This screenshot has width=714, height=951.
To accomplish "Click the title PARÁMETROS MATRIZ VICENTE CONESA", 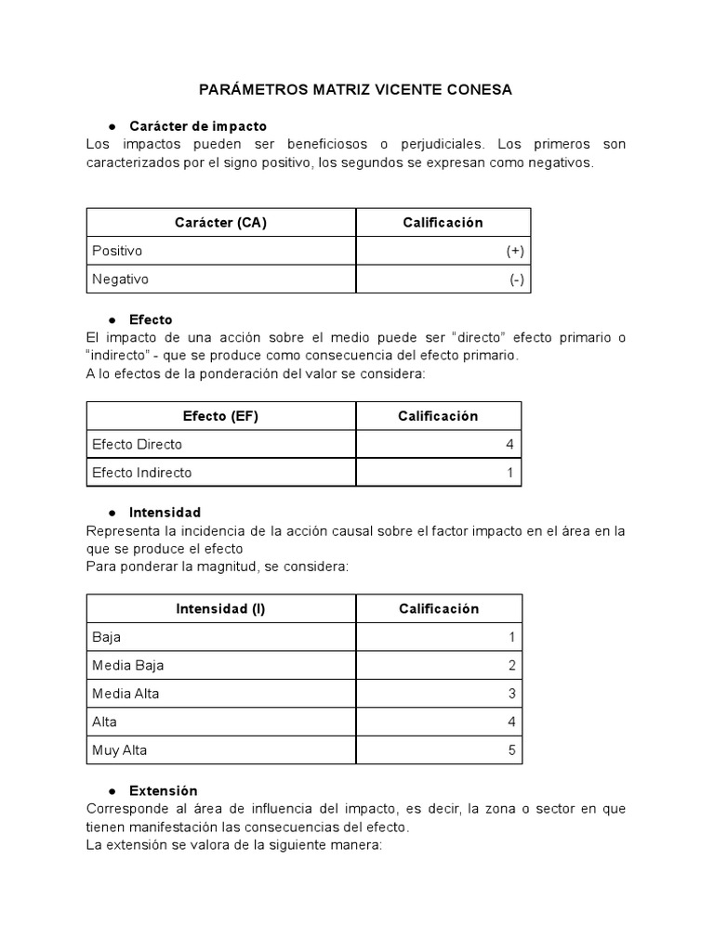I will [x=356, y=90].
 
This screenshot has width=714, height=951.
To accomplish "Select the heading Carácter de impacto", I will [x=198, y=125].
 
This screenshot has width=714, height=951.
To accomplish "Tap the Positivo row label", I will [x=118, y=251].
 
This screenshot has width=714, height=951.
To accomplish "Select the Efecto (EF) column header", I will [x=220, y=416].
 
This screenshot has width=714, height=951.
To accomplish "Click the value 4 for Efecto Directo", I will [x=509, y=444].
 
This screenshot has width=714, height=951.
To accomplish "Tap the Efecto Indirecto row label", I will [x=142, y=472].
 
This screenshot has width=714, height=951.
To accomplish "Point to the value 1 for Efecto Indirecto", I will [x=509, y=472].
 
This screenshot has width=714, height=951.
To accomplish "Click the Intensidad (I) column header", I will [x=220, y=608].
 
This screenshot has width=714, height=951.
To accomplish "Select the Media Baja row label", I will [x=128, y=665].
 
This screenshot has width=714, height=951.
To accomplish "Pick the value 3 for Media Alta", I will [x=511, y=693].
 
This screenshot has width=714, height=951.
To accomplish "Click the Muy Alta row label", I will [x=120, y=749].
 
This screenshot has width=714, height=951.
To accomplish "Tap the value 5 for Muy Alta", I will [x=511, y=749].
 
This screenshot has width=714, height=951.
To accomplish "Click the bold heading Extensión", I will [x=164, y=790].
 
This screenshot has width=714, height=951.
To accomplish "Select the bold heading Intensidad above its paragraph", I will [x=165, y=512].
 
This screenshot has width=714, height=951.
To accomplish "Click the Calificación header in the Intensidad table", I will [x=439, y=608].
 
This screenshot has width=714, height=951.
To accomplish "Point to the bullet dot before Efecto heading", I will [x=112, y=319].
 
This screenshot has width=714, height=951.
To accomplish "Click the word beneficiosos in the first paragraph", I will [x=311, y=145].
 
